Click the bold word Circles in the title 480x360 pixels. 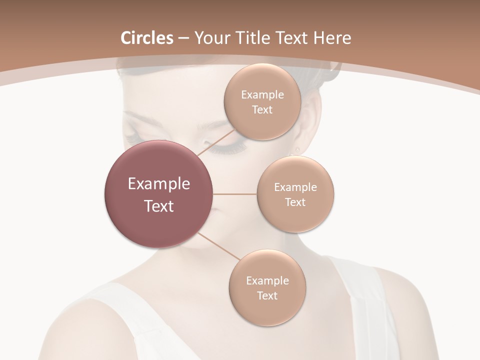click(x=147, y=38)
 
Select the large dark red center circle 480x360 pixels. click(x=159, y=194)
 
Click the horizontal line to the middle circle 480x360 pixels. click(x=235, y=194)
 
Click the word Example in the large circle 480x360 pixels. click(x=159, y=184)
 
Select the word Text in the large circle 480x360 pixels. click(x=159, y=206)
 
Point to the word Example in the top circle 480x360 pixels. click(x=262, y=95)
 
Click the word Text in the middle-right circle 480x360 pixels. click(x=295, y=202)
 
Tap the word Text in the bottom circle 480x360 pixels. click(x=267, y=296)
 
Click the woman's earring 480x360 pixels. click(x=298, y=149)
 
